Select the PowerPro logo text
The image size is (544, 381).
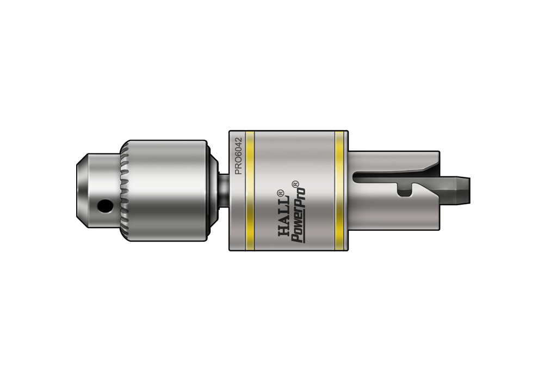pyautogui.click(x=298, y=213)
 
